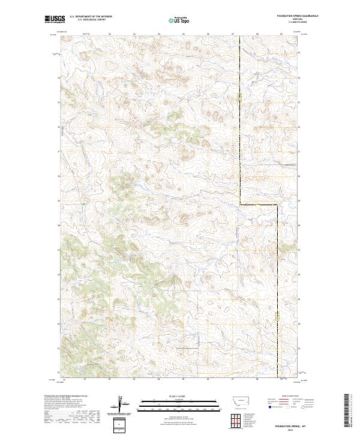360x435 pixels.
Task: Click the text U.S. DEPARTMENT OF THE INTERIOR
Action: pos(90,16)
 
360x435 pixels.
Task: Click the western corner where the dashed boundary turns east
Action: pos(241,205)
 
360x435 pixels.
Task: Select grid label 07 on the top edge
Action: pos(232,34)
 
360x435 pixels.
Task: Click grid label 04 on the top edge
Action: pos(158,34)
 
